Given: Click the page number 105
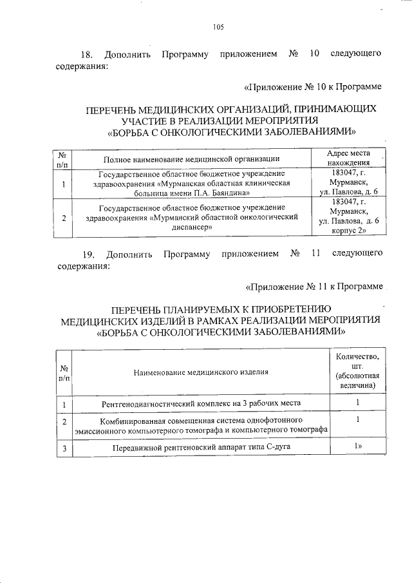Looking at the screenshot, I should pos(218,27).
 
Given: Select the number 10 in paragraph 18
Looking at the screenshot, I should pos(315,53).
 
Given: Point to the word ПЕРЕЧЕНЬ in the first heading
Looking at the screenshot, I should pos(114,110).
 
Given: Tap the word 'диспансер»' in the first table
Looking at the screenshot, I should pos(191,227).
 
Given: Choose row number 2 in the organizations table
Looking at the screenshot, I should pos(64,217).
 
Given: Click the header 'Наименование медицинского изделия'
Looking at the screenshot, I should pos(201,372).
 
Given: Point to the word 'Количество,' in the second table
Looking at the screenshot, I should pos(357,356).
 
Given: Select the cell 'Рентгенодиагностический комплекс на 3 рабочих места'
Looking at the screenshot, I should pos(201,404).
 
